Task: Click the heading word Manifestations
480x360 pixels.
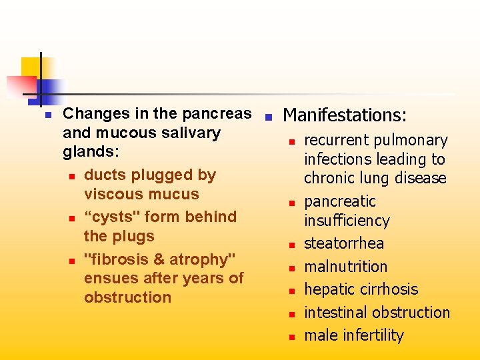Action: tap(344, 115)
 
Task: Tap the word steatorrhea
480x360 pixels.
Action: tap(344, 244)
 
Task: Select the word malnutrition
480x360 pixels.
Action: tap(345, 267)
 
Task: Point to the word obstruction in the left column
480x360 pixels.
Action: tap(127, 297)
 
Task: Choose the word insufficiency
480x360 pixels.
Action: tap(347, 221)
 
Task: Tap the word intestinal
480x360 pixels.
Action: tap(335, 312)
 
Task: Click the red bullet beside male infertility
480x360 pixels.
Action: tap(291, 337)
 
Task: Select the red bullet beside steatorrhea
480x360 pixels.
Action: tap(291, 245)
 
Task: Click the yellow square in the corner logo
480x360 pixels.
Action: tap(31, 67)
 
